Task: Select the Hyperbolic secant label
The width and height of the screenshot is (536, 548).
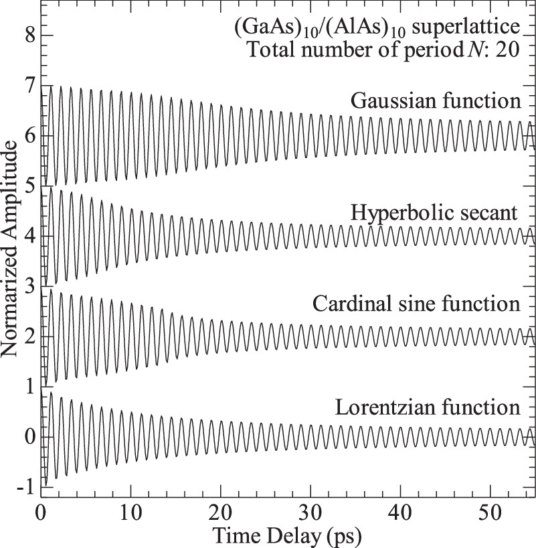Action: click(x=435, y=213)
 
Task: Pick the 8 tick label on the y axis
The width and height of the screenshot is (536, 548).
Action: click(x=28, y=35)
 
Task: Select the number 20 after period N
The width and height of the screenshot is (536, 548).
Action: click(x=506, y=51)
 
